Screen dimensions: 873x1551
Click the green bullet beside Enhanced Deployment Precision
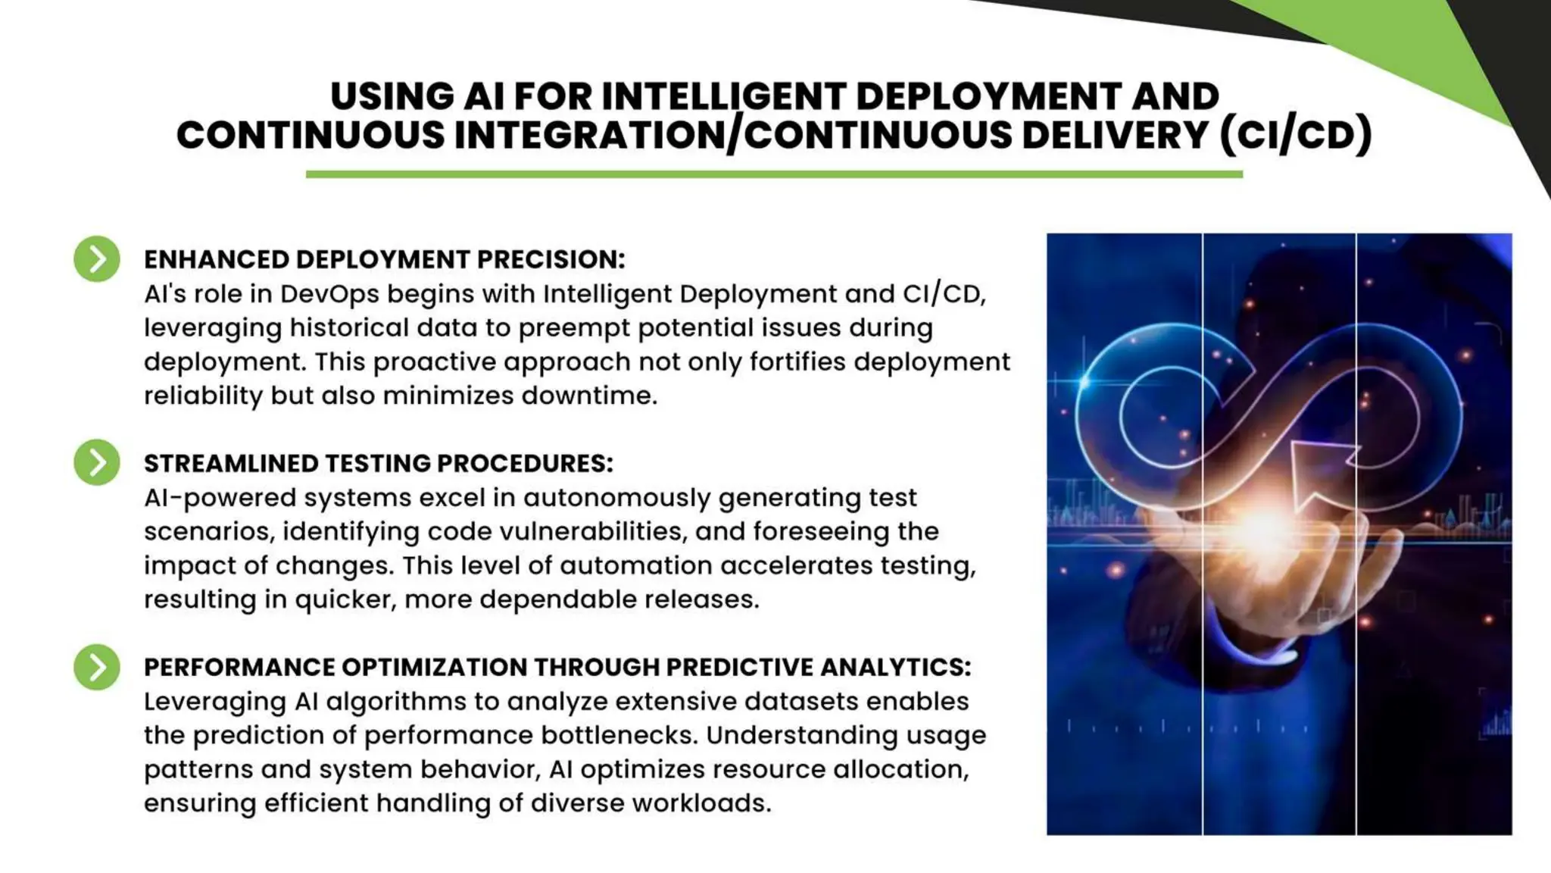coord(97,259)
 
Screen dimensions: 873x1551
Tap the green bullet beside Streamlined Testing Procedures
coord(97,462)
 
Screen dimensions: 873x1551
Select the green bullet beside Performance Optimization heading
coord(97,667)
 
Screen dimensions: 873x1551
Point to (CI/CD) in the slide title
coord(1295,135)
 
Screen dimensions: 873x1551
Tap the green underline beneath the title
coord(774,174)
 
